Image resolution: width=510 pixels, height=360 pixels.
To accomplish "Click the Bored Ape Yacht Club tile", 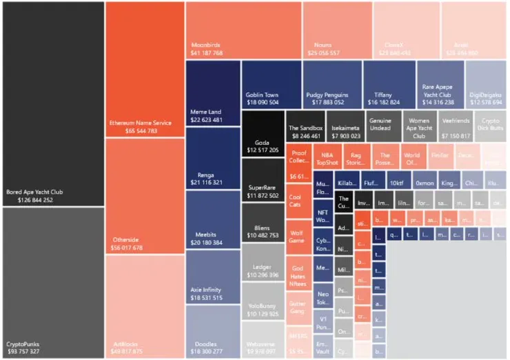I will click(52, 103).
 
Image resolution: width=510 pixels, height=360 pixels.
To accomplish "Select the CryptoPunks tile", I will click(52, 283).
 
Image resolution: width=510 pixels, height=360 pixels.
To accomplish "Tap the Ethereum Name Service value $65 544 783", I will click(133, 130).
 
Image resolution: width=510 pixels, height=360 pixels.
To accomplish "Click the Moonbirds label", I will click(206, 45).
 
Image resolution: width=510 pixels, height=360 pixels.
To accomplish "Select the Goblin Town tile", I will click(271, 84).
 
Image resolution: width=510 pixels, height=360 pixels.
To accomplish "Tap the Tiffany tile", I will click(389, 84).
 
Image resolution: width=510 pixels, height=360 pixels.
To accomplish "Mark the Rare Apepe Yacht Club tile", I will click(439, 84).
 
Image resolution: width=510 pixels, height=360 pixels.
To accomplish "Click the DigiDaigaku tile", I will click(485, 84).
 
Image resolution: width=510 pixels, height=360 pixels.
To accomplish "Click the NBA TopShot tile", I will click(328, 156).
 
